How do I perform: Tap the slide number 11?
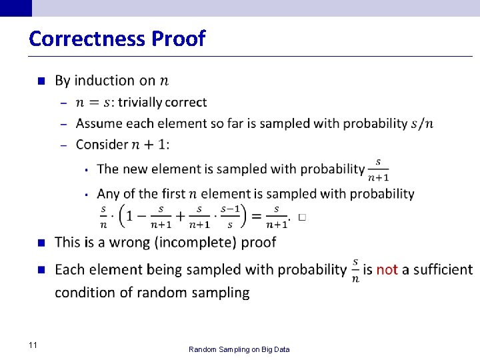[33, 345]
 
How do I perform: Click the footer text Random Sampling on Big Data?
[239, 349]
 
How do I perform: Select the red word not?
[387, 269]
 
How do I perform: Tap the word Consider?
[102, 145]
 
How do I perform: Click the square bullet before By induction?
[41, 81]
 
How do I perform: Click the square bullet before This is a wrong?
[41, 243]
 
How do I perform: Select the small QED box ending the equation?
[303, 217]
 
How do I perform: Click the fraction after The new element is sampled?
[378, 169]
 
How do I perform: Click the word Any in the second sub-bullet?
[109, 194]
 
